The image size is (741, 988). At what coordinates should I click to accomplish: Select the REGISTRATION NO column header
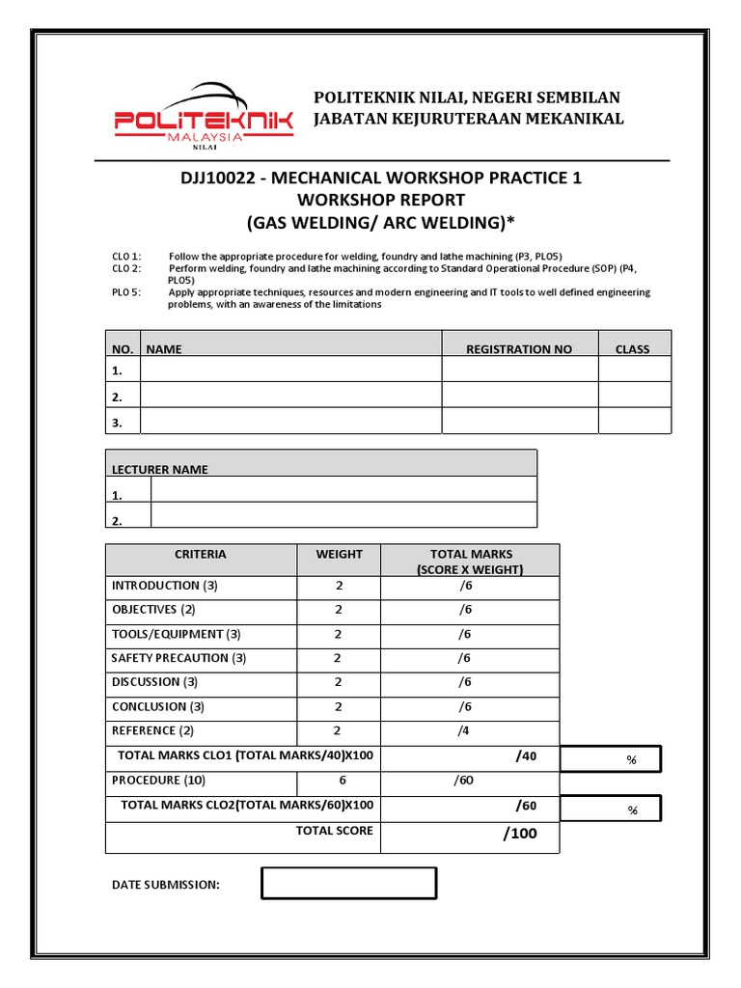pyautogui.click(x=518, y=349)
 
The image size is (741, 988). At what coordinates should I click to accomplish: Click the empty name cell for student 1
pyautogui.click(x=290, y=370)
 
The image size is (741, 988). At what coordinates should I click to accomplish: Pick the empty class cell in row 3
pyautogui.click(x=634, y=422)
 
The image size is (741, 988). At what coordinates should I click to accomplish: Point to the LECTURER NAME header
pyautogui.click(x=160, y=470)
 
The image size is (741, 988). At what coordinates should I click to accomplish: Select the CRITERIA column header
pyautogui.click(x=201, y=555)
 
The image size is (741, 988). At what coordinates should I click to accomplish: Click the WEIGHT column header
pyautogui.click(x=339, y=555)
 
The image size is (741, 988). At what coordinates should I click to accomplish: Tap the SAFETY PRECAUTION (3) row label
pyautogui.click(x=178, y=658)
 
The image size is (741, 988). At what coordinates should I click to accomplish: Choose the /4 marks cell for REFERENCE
pyautogui.click(x=464, y=731)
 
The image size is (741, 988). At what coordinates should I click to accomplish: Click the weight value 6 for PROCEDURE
pyautogui.click(x=342, y=781)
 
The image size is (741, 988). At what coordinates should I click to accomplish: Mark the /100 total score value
pyautogui.click(x=519, y=835)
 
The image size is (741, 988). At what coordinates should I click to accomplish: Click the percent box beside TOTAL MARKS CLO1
pyautogui.click(x=611, y=759)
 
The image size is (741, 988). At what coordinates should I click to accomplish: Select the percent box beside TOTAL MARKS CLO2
pyautogui.click(x=611, y=810)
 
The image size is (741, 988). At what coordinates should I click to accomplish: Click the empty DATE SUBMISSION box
pyautogui.click(x=348, y=883)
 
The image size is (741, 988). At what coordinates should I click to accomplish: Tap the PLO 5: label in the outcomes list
pyautogui.click(x=126, y=292)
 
